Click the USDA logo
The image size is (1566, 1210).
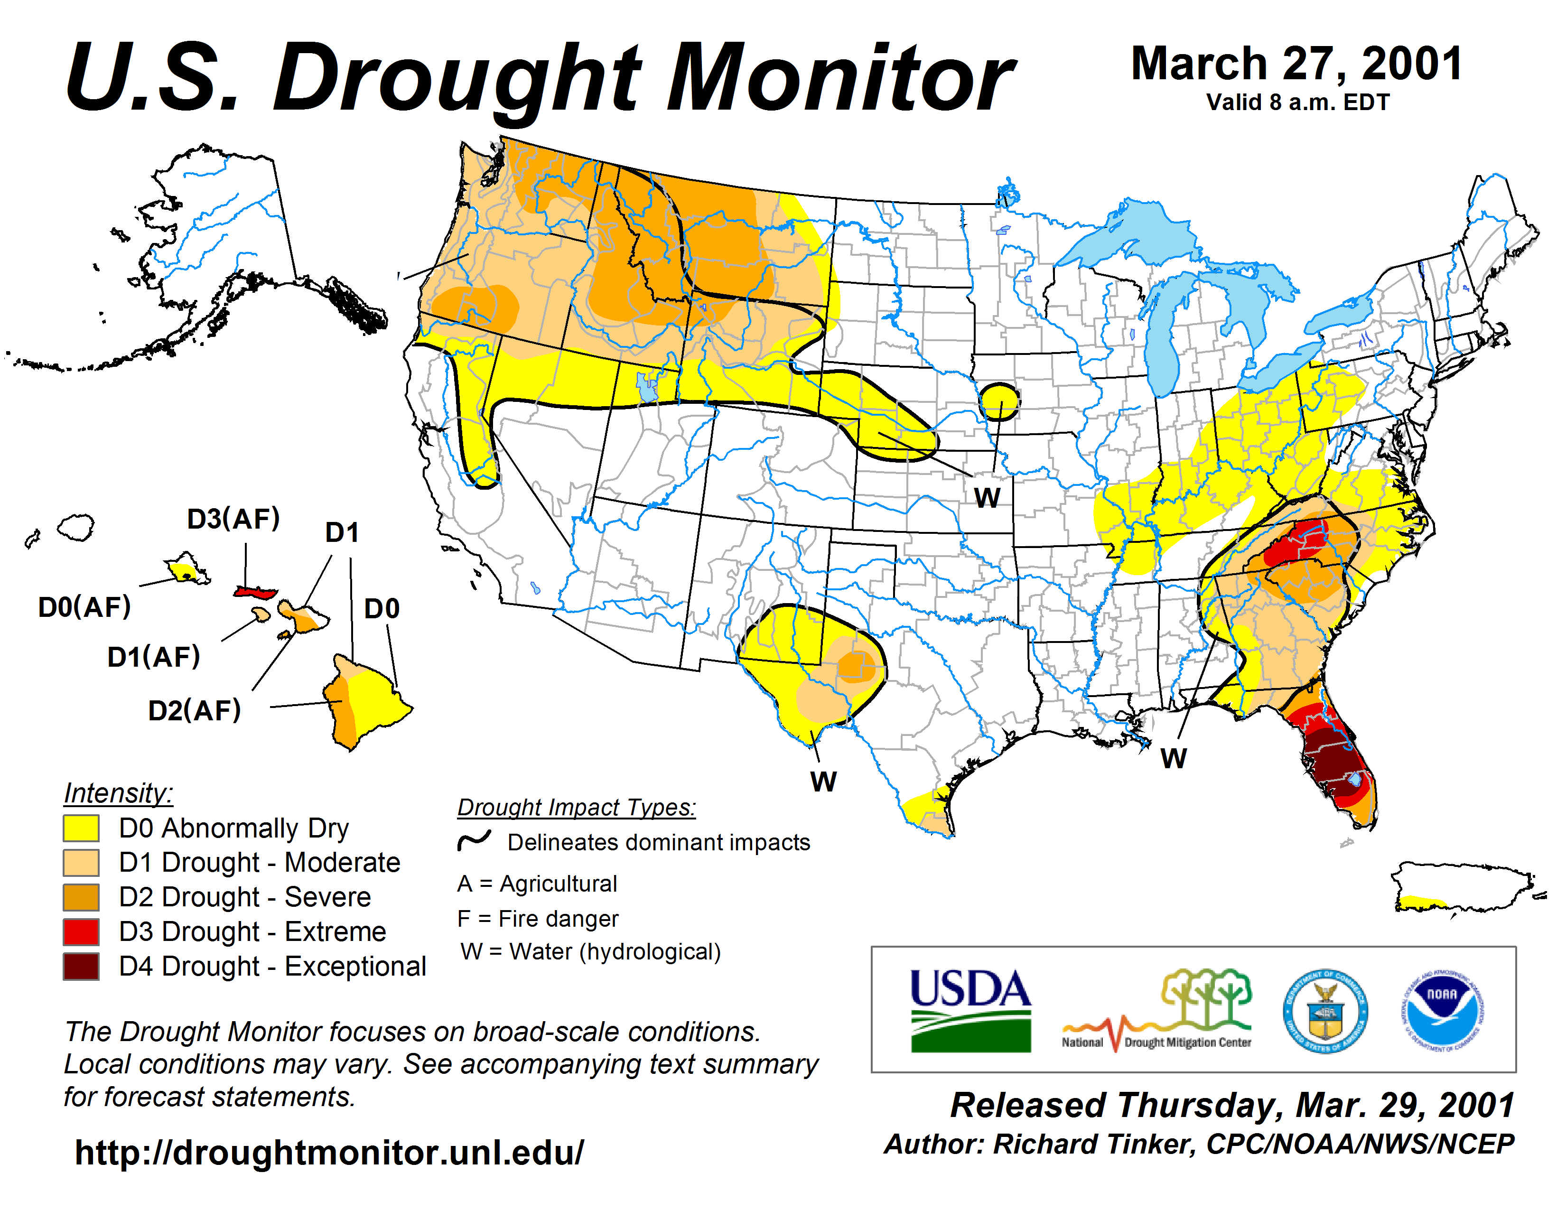point(970,1011)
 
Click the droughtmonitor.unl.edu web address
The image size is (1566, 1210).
point(329,1153)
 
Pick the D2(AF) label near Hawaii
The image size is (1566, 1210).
point(194,710)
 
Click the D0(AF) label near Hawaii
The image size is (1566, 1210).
point(84,607)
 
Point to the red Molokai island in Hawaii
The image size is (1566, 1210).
point(255,592)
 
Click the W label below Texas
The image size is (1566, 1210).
point(823,782)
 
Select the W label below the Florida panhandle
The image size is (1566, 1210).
point(1173,758)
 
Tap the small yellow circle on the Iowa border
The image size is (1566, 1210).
point(999,401)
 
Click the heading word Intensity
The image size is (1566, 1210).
point(118,793)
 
